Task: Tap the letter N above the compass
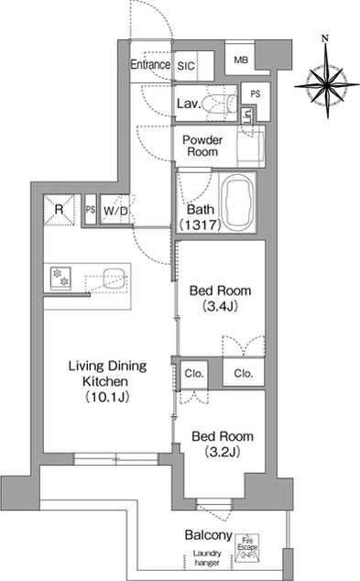point(325,38)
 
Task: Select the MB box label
point(240,60)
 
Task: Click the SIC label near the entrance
point(186,66)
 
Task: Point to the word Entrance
point(150,65)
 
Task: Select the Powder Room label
point(202,145)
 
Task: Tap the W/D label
point(115,211)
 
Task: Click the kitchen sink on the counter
point(112,278)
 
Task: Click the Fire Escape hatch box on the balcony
point(246,545)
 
